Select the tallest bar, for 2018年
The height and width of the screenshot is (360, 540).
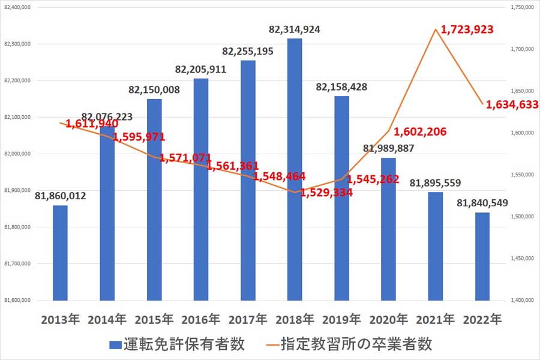[295, 168]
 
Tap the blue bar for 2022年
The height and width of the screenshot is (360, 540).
[482, 256]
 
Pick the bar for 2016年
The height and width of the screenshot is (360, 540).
[201, 189]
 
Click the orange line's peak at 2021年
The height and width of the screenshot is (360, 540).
[436, 29]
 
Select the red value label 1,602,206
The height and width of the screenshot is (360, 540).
[420, 132]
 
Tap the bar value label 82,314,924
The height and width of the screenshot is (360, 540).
[295, 29]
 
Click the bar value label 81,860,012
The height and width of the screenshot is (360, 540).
[60, 196]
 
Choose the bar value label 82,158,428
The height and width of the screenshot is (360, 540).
[342, 87]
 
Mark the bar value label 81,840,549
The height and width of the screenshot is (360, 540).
[482, 203]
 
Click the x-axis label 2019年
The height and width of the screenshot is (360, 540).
[341, 319]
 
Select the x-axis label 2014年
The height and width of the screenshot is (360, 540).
[107, 319]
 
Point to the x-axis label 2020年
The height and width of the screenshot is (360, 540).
[389, 319]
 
